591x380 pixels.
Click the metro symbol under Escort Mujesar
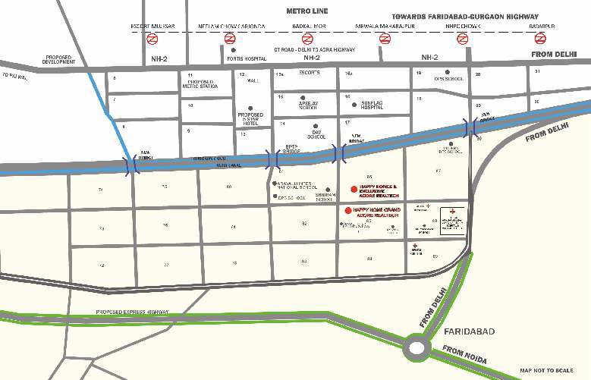[x=152, y=39]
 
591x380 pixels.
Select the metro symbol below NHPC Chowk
[x=463, y=39]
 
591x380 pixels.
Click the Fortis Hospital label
[x=242, y=58]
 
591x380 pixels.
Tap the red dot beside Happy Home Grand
[x=348, y=210]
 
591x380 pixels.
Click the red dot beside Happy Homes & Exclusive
[x=354, y=189]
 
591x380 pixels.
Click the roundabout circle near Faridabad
[x=417, y=347]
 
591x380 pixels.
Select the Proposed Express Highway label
[x=132, y=312]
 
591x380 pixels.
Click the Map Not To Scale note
[x=552, y=371]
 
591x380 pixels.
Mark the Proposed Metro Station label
[x=200, y=83]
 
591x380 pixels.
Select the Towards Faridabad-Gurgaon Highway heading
[x=465, y=16]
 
